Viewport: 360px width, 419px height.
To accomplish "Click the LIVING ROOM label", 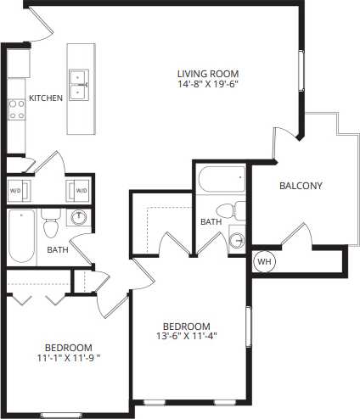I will tap(207, 73).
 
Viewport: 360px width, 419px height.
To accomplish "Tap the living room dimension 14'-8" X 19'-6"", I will tap(207, 85).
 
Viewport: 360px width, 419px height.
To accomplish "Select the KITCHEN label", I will tap(46, 98).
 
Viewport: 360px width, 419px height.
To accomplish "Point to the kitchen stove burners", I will tap(15, 108).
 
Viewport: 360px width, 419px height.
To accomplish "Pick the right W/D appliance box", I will tap(80, 190).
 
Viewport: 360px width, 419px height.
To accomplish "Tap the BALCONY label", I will tap(301, 187).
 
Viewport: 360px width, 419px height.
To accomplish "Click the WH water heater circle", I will tap(264, 261).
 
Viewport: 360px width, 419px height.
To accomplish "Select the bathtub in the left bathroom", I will tap(20, 237).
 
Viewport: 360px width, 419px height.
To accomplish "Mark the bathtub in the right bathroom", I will tap(222, 180).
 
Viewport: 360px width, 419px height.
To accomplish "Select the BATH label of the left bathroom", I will tap(57, 250).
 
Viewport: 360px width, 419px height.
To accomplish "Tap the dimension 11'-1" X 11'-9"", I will tap(68, 359).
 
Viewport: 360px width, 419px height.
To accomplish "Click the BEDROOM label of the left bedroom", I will tap(68, 348).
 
